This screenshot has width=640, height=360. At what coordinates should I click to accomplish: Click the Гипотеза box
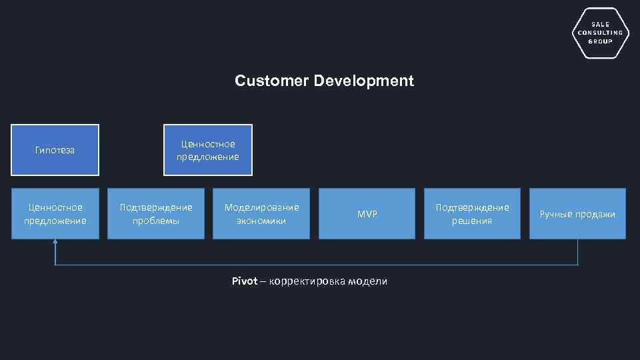[x=55, y=150]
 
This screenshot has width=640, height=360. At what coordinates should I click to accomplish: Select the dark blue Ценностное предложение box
[x=208, y=150]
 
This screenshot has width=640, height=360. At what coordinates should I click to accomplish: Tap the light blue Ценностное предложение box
[x=55, y=213]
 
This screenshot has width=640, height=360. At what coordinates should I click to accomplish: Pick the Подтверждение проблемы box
[x=156, y=213]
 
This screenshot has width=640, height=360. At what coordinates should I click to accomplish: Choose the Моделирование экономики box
[x=261, y=213]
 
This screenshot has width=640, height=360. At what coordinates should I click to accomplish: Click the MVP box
[x=367, y=213]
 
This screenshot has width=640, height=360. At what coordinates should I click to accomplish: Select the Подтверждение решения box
[x=472, y=213]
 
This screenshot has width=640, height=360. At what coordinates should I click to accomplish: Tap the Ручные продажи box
[x=577, y=213]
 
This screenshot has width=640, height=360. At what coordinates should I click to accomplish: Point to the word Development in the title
[x=363, y=81]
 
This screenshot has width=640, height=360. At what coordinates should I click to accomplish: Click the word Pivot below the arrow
[x=244, y=281]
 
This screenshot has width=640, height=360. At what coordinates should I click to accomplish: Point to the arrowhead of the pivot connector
[x=55, y=243]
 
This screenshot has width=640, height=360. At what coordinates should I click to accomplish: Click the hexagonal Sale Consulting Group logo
[x=600, y=33]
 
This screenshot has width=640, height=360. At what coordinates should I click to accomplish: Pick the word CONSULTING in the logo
[x=600, y=33]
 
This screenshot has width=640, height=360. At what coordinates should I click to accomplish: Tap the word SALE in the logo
[x=600, y=24]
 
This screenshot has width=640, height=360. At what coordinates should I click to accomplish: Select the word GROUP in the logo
[x=600, y=41]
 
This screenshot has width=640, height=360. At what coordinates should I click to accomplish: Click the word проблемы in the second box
[x=156, y=221]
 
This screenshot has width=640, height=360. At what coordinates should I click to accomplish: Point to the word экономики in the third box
[x=261, y=221]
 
